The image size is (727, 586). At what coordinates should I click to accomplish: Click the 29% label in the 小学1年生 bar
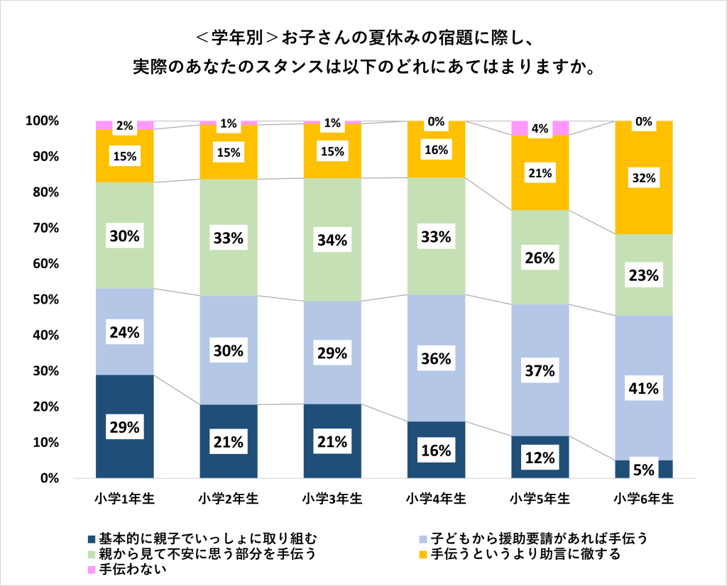(124, 426)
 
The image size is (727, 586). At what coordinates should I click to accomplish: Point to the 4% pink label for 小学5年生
(540, 128)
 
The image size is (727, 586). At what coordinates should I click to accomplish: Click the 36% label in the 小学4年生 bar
(436, 358)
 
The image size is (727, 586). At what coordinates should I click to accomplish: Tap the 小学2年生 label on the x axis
(229, 498)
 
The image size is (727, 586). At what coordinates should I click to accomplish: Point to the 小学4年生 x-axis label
(436, 498)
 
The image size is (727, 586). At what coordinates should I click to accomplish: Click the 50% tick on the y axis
(45, 300)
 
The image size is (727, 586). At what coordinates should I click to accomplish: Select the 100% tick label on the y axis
(42, 121)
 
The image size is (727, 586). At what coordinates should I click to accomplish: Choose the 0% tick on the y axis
(48, 479)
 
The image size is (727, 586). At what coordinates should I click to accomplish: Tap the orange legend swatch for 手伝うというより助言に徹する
(425, 554)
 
